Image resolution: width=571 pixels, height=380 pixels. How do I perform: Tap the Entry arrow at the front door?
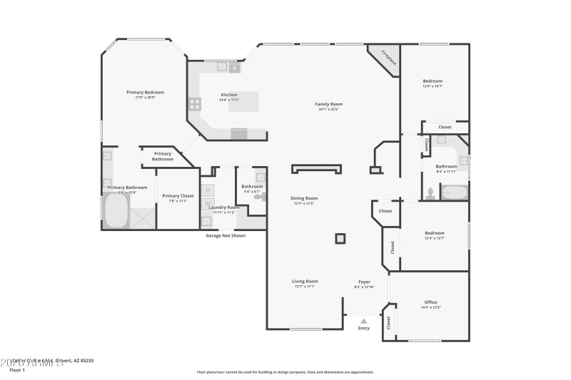pos(363,322)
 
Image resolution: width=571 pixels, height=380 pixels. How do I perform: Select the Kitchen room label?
pos(229,94)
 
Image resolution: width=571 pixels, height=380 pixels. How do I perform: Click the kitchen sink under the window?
pos(227,68)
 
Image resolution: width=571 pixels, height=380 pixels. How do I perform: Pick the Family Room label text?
pos(327,104)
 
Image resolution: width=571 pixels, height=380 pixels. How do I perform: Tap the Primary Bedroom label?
pos(145,92)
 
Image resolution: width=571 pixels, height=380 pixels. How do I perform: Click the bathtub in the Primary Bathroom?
pos(116,212)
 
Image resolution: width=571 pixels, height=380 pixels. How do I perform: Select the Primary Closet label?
pos(178,195)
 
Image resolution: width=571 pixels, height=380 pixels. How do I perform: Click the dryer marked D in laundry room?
pos(208,190)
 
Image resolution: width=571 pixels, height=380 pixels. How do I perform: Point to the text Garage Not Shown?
pos(226,235)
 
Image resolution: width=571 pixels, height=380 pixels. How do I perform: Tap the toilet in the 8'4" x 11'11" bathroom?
pos(430,192)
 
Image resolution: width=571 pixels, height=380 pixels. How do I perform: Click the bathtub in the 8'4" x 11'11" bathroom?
pos(454,192)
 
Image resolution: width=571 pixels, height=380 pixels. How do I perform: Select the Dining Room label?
pos(303,198)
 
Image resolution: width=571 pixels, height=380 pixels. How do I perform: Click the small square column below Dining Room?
pos(340,238)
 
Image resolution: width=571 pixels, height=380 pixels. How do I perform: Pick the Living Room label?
pos(305,282)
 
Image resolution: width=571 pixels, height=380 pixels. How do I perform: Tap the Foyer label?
pos(364,282)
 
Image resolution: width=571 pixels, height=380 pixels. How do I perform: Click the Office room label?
pos(430,302)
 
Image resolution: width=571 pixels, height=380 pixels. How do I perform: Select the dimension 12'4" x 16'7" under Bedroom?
pos(433,86)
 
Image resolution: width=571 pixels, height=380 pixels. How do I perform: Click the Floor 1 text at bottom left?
pos(17,370)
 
